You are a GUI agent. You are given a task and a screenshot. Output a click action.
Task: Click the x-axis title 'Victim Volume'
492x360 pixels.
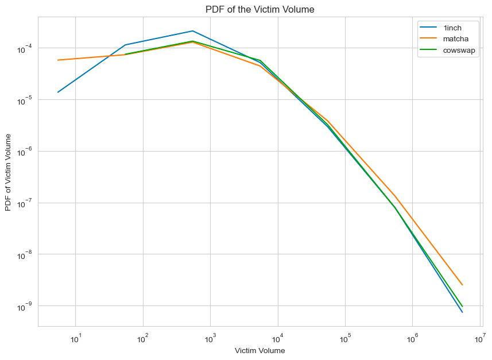[259, 350]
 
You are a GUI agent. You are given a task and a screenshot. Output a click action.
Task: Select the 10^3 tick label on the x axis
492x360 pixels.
[210, 337]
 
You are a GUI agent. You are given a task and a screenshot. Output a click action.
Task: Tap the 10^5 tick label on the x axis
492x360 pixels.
[345, 337]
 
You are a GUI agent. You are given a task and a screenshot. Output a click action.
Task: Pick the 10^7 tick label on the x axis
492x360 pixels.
[480, 337]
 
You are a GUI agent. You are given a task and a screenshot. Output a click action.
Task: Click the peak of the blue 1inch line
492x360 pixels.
[193, 31]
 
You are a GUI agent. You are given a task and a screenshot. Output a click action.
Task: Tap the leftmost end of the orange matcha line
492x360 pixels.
[58, 60]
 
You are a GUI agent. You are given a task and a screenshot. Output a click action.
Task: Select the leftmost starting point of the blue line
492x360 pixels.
[58, 92]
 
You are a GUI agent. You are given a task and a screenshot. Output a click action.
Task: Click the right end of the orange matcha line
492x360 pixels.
[462, 285]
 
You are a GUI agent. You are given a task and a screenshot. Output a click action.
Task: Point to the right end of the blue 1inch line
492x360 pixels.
[462, 312]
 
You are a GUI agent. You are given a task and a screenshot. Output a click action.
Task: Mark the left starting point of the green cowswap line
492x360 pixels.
[125, 54]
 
